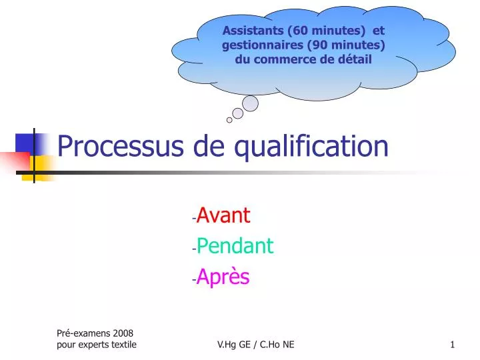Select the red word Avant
223,215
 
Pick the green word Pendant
235,246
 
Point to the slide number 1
452,344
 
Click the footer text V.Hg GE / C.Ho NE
256,344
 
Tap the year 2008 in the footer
123,333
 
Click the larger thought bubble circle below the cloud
250,103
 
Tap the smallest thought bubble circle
229,121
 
